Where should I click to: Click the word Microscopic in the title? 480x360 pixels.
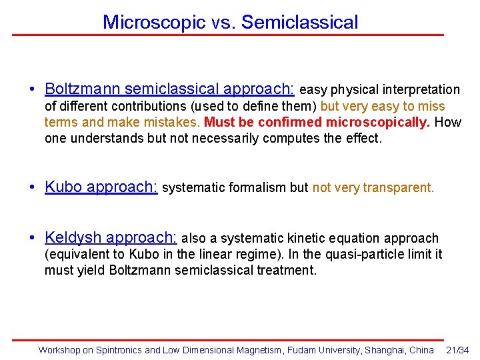[x=153, y=22]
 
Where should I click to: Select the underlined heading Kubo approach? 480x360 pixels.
[x=101, y=187]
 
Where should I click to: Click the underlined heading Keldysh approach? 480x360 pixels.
[x=110, y=238]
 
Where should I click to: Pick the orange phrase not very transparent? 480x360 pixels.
[x=373, y=188]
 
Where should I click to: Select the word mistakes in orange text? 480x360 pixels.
[x=167, y=123]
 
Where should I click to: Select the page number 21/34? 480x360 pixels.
[x=457, y=350]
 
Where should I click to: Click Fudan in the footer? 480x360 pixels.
[x=301, y=350]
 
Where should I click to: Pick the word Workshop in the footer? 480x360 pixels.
[x=59, y=350]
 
